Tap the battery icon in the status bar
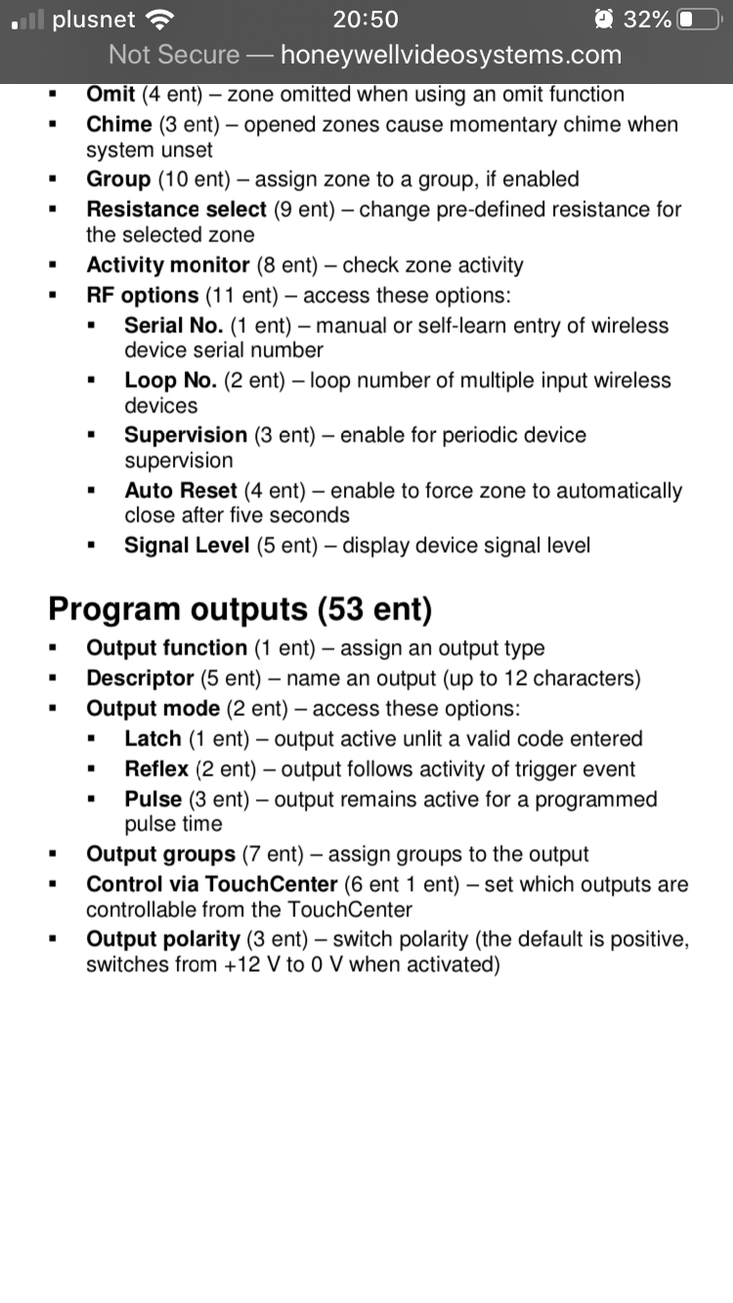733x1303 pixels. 697,19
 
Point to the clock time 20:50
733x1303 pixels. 366,19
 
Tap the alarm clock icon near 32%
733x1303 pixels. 604,19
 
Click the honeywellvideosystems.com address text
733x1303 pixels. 451,55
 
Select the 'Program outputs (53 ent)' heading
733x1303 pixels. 239,609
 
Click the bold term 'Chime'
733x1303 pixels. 119,125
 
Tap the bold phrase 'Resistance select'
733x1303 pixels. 176,210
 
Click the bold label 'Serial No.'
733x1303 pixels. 174,325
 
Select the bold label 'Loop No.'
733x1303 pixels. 171,380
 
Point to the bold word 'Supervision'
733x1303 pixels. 186,435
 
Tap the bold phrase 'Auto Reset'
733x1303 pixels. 181,490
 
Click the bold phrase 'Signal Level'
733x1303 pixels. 187,545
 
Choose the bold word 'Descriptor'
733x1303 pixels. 140,678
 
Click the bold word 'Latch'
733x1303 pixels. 152,739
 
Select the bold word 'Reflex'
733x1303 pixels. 156,770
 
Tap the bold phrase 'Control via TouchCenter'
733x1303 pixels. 212,885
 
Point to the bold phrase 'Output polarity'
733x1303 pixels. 163,940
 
